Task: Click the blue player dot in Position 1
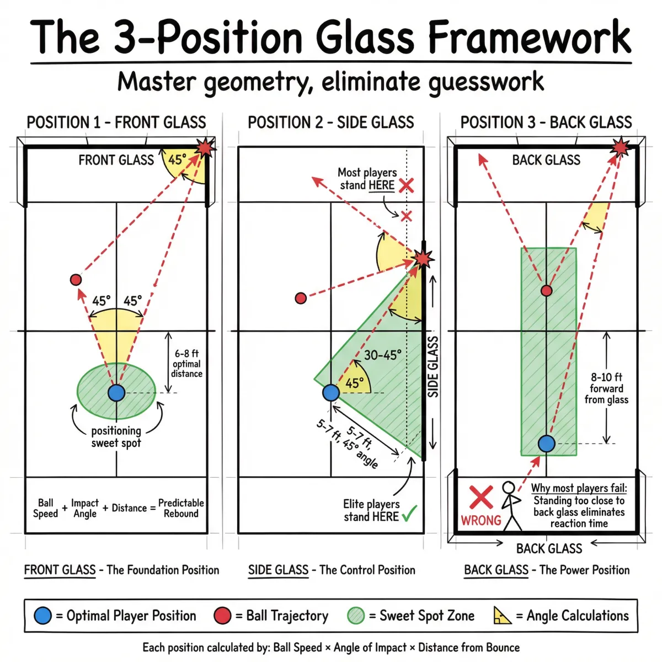point(116,393)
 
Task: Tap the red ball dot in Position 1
point(76,280)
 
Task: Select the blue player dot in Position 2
point(330,393)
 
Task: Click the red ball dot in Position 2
point(301,298)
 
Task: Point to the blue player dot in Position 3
point(546,444)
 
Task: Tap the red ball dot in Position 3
point(546,290)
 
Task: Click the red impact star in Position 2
point(423,258)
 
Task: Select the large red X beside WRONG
point(481,498)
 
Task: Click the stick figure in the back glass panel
point(511,505)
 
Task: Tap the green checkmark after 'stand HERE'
point(409,514)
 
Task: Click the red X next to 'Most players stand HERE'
point(407,185)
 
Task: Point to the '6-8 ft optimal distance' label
point(186,364)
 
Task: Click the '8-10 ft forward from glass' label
point(606,388)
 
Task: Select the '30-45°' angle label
point(383,355)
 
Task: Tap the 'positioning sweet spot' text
point(116,437)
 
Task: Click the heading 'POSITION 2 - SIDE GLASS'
point(330,122)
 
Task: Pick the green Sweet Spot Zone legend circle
point(356,616)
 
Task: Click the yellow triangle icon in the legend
point(502,616)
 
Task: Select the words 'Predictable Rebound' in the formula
point(181,508)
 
